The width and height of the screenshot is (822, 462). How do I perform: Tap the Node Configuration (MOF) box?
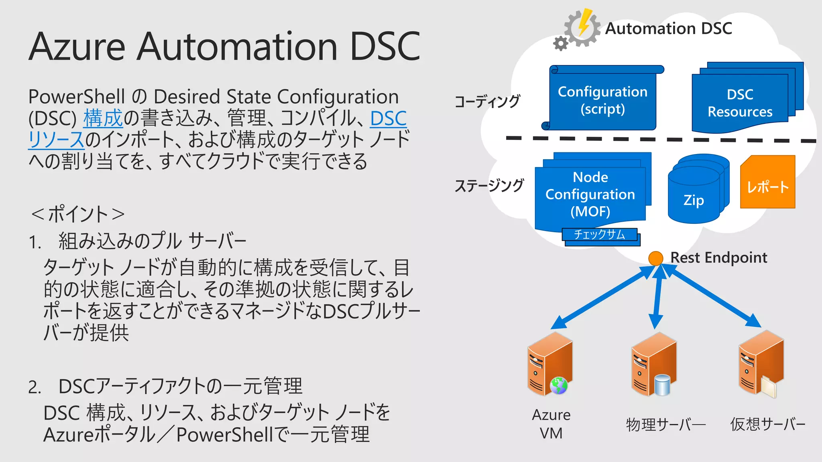[590, 194]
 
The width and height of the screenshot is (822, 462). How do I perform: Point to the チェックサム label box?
[599, 235]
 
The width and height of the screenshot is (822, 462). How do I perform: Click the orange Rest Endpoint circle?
[655, 258]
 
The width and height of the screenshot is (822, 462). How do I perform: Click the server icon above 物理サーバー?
[653, 365]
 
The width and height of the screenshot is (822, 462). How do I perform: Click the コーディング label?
[487, 101]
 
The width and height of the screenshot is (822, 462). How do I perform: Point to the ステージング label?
[489, 186]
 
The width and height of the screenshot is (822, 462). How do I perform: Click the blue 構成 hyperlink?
[103, 118]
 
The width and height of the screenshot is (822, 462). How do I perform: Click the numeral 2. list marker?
[35, 387]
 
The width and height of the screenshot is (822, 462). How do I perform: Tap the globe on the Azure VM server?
[559, 386]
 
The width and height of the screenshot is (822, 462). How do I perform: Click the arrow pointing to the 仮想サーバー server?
[714, 297]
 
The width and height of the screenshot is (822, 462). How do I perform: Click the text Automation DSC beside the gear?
[668, 28]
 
